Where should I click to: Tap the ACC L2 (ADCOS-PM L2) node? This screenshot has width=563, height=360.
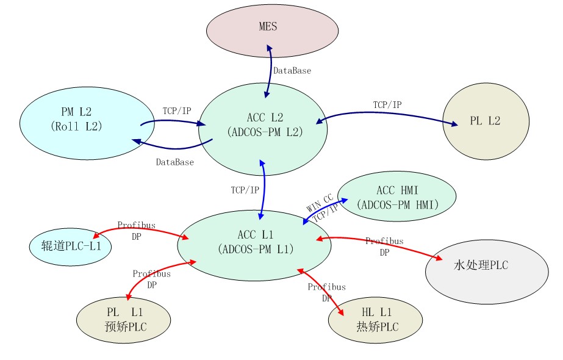click(x=263, y=125)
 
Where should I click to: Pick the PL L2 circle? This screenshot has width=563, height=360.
click(x=484, y=121)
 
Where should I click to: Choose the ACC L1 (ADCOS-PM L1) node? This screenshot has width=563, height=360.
click(x=254, y=242)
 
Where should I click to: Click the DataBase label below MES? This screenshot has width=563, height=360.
click(x=292, y=71)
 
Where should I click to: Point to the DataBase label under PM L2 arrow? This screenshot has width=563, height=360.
click(x=174, y=162)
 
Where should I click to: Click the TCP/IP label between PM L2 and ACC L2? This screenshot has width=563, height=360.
click(x=176, y=110)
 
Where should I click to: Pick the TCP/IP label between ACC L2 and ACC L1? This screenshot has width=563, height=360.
click(x=245, y=190)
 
